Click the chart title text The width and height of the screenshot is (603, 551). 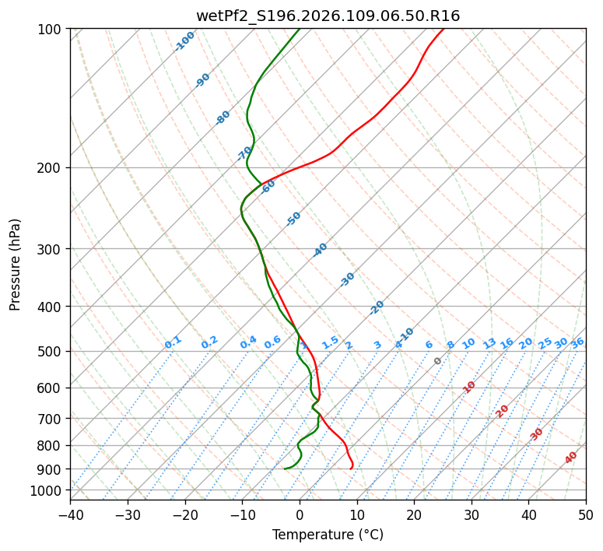pos(328,16)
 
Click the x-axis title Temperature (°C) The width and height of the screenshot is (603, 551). pos(328,535)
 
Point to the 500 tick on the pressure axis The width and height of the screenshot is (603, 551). pos(50,352)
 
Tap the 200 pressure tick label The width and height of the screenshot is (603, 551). pos(50,168)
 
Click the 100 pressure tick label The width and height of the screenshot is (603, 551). pos(50,30)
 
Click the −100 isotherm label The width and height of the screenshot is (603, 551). pos(184,41)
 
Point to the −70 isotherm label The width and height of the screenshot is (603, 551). pos(244,153)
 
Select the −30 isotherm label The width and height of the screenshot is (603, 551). pos(347,279)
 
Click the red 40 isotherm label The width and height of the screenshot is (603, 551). pos(571,458)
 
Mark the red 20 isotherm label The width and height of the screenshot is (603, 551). pos(503,411)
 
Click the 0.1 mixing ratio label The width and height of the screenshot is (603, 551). pos(173,342)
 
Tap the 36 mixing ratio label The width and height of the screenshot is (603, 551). pos(577,343)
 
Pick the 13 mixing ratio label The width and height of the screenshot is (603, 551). pos(489,343)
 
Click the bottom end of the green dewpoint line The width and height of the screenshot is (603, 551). pos(285,469)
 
